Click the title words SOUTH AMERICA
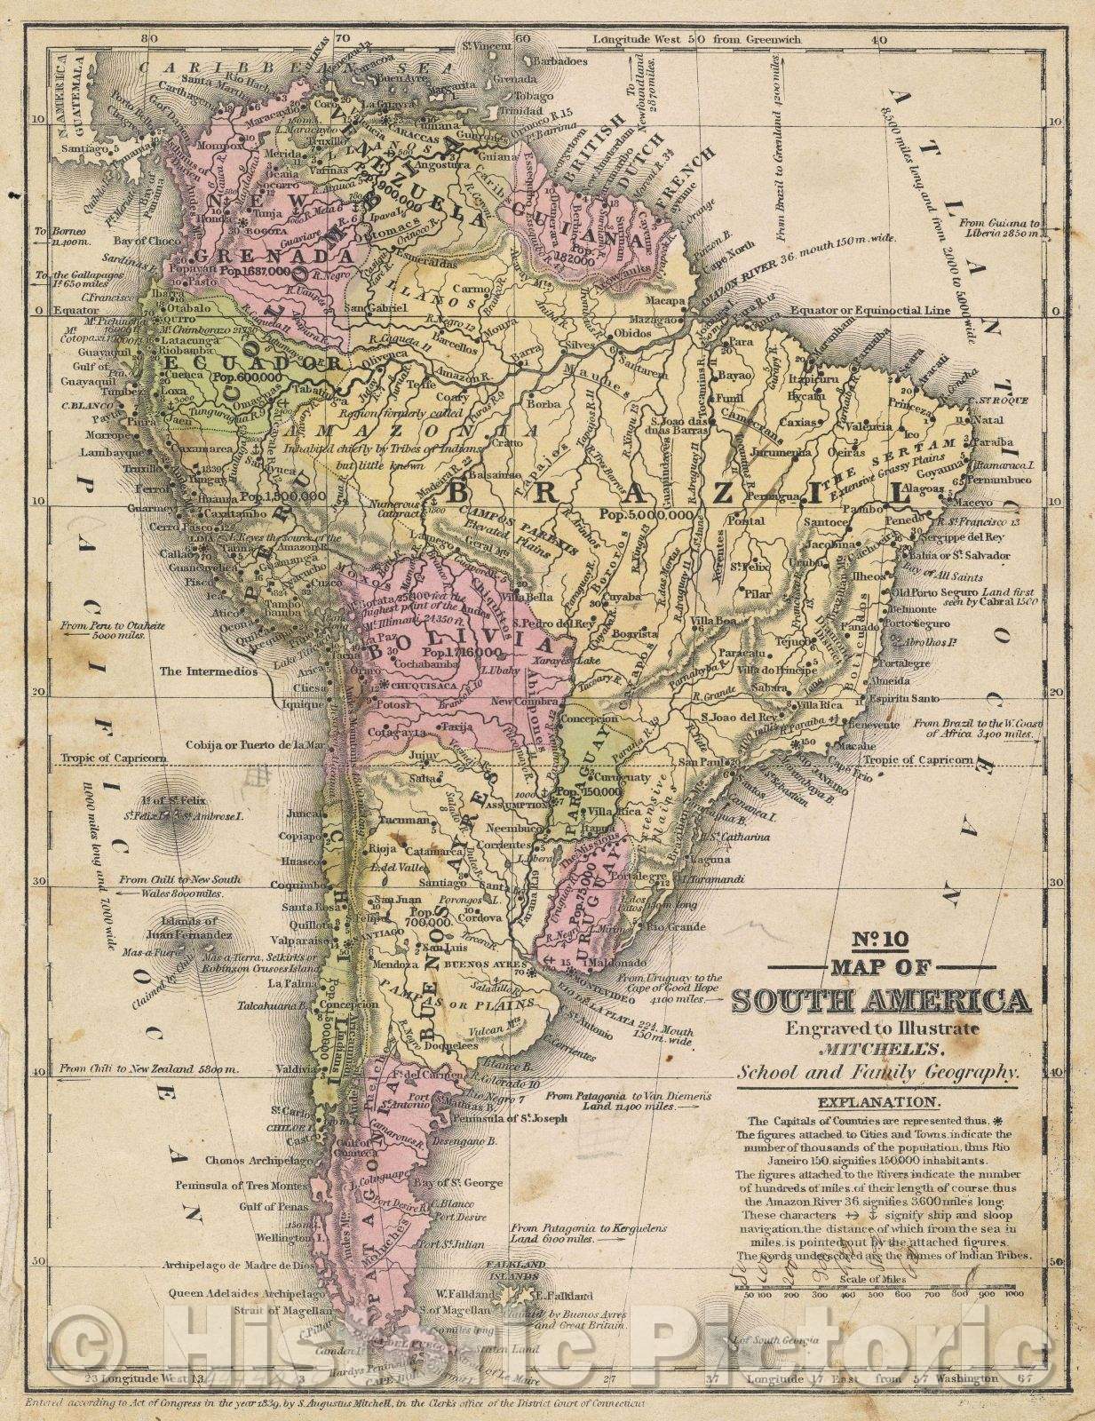[x=880, y=1002]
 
